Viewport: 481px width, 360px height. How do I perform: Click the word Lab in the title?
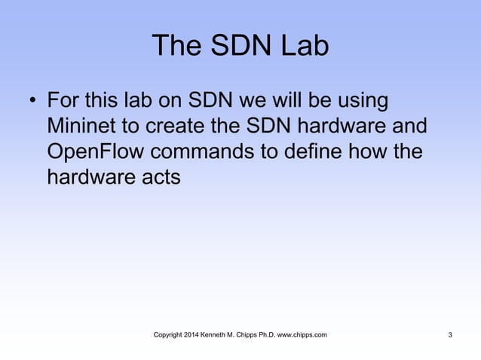(x=305, y=47)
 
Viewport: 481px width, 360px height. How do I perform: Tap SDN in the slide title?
(x=237, y=47)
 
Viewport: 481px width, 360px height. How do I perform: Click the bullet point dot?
(x=32, y=101)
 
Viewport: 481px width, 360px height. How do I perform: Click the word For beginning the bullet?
(x=64, y=100)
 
